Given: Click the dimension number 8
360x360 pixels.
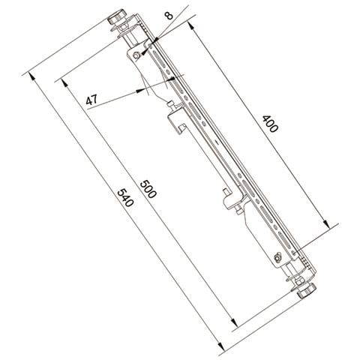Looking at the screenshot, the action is (x=169, y=16).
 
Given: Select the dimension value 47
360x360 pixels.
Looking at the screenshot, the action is (x=91, y=100).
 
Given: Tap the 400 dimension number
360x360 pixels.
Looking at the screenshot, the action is (x=270, y=124).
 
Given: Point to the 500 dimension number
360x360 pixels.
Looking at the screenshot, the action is (x=148, y=189).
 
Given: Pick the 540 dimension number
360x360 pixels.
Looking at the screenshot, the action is (x=124, y=198).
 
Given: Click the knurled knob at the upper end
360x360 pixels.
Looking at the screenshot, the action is (x=116, y=17).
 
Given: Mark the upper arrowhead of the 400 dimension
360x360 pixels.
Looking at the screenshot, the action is (x=190, y=25).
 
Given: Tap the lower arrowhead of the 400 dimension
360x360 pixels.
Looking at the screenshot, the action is (x=325, y=223).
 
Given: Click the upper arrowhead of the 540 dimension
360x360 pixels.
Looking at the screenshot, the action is (x=32, y=76).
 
